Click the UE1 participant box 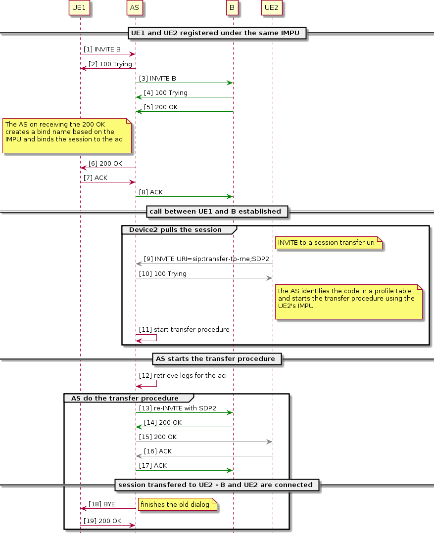tap(80, 8)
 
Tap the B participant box tap(232, 8)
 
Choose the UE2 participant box tap(272, 8)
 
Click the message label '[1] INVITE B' tap(102, 49)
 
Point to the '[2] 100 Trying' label tap(110, 64)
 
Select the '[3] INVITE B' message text tap(157, 79)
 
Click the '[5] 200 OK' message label tap(160, 107)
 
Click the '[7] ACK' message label tap(95, 178)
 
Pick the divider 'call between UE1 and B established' tap(217, 212)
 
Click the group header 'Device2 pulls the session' tap(175, 230)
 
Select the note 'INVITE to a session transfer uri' tap(329, 243)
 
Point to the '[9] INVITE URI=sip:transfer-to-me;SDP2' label tap(206, 259)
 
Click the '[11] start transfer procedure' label tap(184, 330)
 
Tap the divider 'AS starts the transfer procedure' tap(217, 358)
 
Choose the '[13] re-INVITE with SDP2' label tap(177, 408)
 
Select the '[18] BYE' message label tap(101, 504)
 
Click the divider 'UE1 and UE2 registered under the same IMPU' tap(217, 33)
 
